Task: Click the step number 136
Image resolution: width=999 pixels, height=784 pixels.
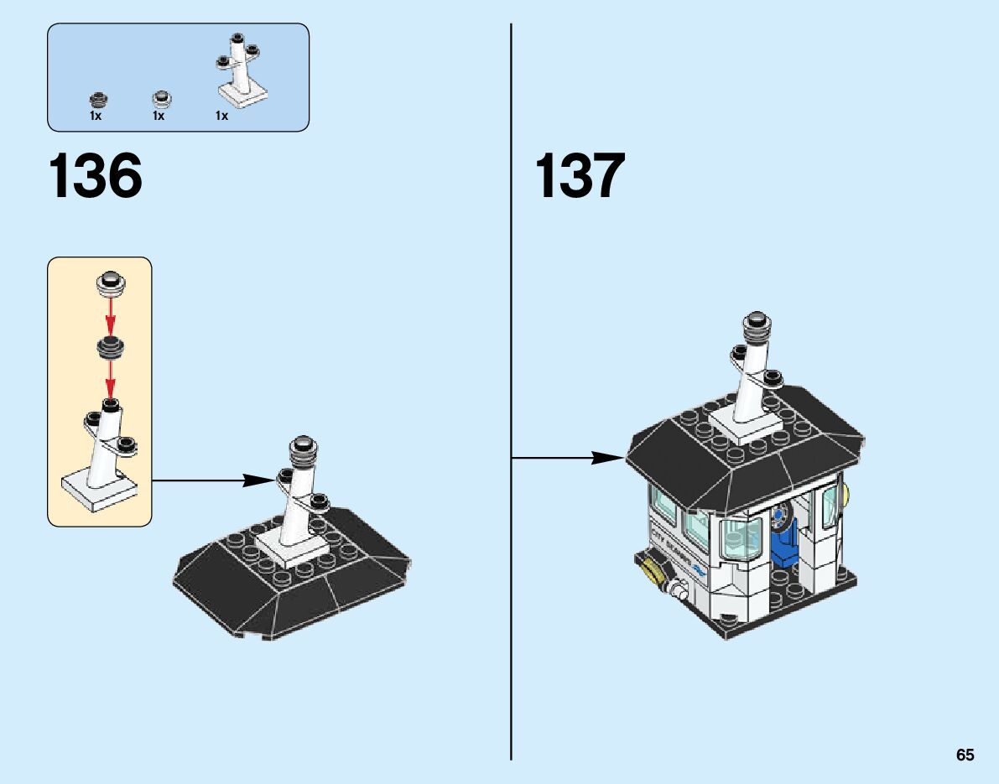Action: pyautogui.click(x=96, y=176)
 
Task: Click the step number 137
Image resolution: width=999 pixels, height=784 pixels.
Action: pyautogui.click(x=580, y=176)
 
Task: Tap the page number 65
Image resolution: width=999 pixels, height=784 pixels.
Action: pyautogui.click(x=965, y=755)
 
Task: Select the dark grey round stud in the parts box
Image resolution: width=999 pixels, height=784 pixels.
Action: pyautogui.click(x=100, y=99)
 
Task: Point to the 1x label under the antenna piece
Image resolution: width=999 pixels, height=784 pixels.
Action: pyautogui.click(x=221, y=117)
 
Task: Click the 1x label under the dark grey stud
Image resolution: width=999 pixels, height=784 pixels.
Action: pyautogui.click(x=96, y=117)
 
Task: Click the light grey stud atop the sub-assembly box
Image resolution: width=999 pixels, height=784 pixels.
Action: pyautogui.click(x=110, y=283)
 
